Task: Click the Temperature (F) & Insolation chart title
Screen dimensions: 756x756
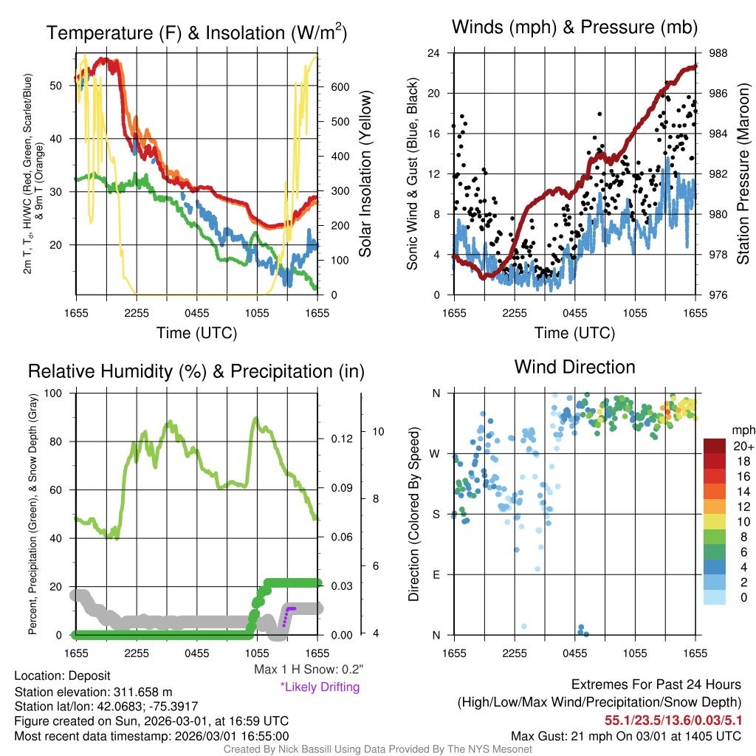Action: (196, 32)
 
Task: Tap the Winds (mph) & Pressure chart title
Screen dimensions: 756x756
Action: (574, 28)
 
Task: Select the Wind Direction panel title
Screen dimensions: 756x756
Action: (574, 367)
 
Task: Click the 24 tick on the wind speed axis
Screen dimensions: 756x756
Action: (435, 53)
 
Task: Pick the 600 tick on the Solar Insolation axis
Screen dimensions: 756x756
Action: (340, 86)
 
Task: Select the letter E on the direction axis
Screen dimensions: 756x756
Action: (436, 574)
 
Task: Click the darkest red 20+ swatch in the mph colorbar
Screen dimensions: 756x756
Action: (714, 446)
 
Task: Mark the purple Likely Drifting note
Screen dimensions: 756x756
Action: (320, 687)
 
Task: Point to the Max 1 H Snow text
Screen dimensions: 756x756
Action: (309, 670)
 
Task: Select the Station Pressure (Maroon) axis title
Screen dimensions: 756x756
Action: (743, 174)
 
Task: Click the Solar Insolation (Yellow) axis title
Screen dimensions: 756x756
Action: (365, 174)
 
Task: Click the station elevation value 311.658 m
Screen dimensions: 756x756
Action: (142, 691)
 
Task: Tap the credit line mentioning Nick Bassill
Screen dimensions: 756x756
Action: (378, 749)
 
